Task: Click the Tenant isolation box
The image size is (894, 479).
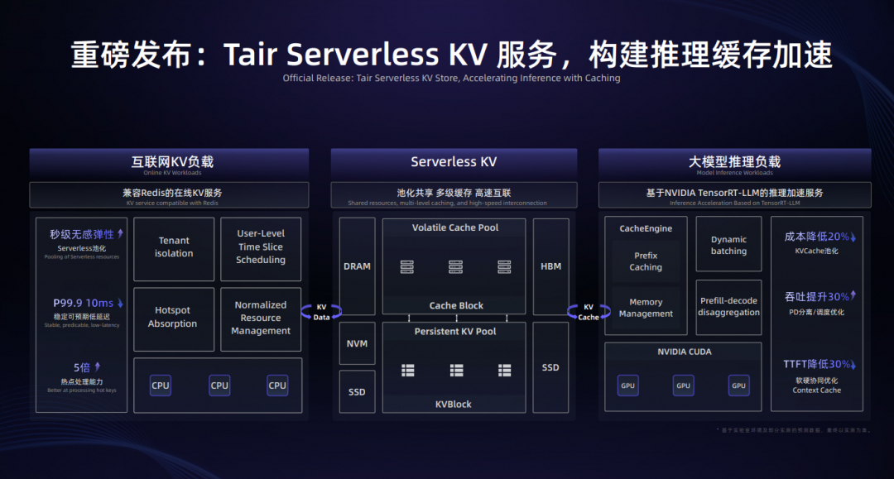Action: (x=174, y=247)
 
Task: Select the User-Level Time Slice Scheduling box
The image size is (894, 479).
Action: (x=261, y=247)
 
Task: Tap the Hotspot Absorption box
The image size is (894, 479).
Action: (x=173, y=318)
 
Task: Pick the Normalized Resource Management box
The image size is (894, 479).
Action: (x=261, y=318)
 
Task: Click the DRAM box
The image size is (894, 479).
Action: (x=357, y=266)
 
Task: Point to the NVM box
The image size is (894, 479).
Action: (x=357, y=343)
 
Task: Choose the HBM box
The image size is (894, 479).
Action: (x=550, y=266)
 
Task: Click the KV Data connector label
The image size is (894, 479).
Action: (x=321, y=312)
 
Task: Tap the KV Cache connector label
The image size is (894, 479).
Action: (x=589, y=312)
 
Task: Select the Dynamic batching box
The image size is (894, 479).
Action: (x=728, y=245)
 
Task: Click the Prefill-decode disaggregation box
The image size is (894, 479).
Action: (x=728, y=307)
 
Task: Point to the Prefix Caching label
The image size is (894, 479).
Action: (x=646, y=261)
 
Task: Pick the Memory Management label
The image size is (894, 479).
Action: (x=646, y=308)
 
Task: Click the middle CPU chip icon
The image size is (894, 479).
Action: (x=219, y=386)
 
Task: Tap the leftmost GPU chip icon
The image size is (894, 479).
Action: (x=628, y=386)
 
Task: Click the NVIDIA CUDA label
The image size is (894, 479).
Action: (x=684, y=352)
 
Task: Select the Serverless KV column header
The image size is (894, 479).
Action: (x=454, y=162)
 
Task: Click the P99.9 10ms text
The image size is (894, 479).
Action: (x=84, y=304)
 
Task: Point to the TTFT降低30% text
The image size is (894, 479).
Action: (x=816, y=365)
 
